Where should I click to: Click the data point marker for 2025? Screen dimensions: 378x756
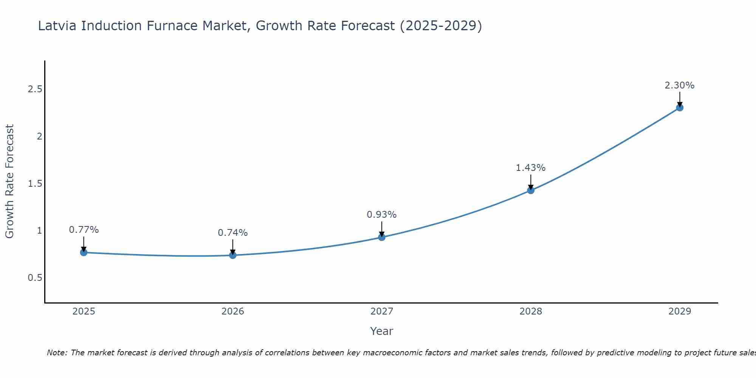[84, 252]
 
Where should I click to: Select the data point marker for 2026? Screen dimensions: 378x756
[233, 255]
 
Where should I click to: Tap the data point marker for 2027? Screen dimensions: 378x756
[382, 237]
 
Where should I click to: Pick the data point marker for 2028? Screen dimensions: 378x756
[531, 190]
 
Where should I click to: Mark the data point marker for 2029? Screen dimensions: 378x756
[680, 108]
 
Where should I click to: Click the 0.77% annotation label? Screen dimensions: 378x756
[84, 230]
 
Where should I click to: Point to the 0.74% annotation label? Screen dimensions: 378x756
[233, 233]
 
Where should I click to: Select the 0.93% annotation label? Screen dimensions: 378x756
[382, 215]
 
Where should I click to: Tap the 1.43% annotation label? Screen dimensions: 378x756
[531, 168]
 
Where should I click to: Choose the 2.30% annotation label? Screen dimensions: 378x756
[680, 85]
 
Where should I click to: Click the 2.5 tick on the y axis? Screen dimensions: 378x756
[35, 89]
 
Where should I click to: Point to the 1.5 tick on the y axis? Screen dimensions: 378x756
[35, 184]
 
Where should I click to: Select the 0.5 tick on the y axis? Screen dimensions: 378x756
[35, 278]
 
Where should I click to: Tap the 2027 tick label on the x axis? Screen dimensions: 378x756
[382, 311]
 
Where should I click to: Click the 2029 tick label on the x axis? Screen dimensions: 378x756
[680, 311]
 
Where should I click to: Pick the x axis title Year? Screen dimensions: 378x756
[382, 331]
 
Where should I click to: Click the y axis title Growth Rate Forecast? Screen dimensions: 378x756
[9, 181]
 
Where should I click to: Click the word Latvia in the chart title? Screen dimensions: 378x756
[58, 26]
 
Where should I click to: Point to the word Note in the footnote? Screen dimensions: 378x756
[57, 353]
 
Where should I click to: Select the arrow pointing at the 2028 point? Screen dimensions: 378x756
[531, 182]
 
